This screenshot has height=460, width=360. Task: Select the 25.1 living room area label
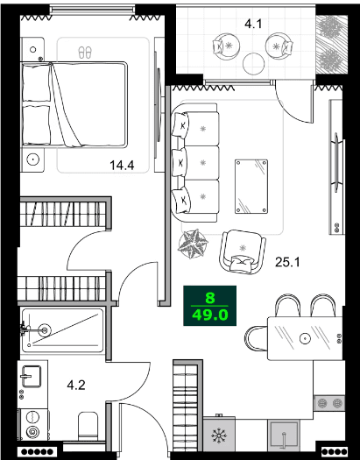(x=288, y=260)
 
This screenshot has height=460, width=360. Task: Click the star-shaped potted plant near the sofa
(x=192, y=243)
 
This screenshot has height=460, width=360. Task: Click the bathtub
(x=63, y=330)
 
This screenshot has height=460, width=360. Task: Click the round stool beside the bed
(x=34, y=159)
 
